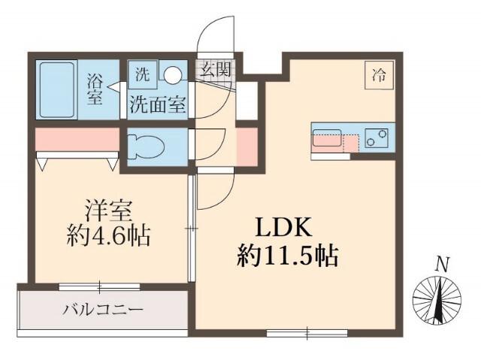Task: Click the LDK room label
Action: coord(285,228)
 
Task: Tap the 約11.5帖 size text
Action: coord(286,257)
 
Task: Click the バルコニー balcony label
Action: coord(103,309)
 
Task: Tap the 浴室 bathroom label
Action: coord(95,89)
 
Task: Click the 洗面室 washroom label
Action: coord(157,104)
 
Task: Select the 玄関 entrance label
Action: coord(216,71)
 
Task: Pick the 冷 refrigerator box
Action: coord(380,74)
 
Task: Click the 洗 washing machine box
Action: coord(142,74)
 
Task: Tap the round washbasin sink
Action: coord(173,74)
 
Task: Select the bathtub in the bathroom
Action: coord(59,89)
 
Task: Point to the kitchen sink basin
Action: coord(327,139)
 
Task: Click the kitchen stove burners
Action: coord(378,138)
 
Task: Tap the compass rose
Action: coord(437,301)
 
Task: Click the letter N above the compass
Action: coord(443,264)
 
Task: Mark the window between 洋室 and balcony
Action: coord(99,286)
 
